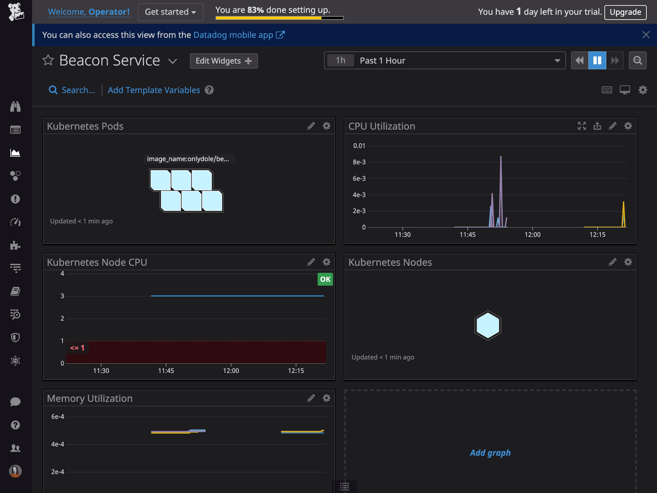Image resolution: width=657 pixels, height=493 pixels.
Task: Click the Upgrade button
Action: click(625, 12)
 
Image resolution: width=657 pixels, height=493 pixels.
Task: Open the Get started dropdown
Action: click(170, 12)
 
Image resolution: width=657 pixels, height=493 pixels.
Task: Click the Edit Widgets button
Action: click(224, 61)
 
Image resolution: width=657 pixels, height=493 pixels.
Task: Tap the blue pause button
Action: click(597, 60)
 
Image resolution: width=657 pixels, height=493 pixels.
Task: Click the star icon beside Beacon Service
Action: click(48, 60)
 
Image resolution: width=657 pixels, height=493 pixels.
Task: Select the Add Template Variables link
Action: click(154, 90)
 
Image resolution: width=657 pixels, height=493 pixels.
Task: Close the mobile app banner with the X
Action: click(646, 35)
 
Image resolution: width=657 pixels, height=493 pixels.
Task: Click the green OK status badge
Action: click(325, 279)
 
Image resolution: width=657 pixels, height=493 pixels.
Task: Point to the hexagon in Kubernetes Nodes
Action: click(488, 325)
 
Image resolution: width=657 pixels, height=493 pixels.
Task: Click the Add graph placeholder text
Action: click(490, 453)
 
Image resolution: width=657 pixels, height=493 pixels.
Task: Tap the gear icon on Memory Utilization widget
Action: click(326, 398)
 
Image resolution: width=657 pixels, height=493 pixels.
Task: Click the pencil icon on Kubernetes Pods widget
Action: click(311, 126)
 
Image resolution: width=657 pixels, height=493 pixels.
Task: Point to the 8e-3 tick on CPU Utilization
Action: click(359, 162)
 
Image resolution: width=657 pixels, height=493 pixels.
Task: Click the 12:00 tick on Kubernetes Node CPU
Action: click(231, 370)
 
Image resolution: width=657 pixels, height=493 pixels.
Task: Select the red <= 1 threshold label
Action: click(77, 348)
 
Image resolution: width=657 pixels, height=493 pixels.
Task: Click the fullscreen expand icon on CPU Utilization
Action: click(582, 126)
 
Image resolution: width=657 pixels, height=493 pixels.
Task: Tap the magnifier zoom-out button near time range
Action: click(637, 60)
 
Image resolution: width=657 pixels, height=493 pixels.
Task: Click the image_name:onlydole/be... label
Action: click(188, 159)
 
